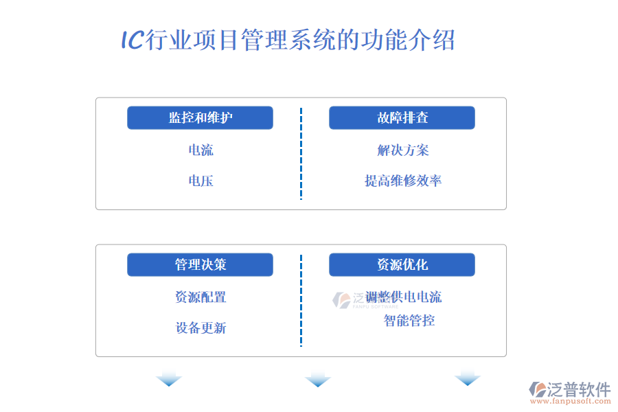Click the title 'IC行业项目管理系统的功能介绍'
pyautogui.click(x=288, y=40)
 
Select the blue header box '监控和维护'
pyautogui.click(x=200, y=117)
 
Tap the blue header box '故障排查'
pyautogui.click(x=402, y=117)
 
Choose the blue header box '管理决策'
pyautogui.click(x=200, y=264)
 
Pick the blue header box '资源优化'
pyautogui.click(x=402, y=264)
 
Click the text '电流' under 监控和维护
pyautogui.click(x=201, y=150)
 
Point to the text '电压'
pyautogui.click(x=201, y=181)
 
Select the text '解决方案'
pyautogui.click(x=403, y=150)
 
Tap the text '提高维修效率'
pyautogui.click(x=403, y=181)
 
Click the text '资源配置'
pyautogui.click(x=201, y=297)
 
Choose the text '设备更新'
pyautogui.click(x=201, y=328)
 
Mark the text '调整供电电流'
pyautogui.click(x=403, y=297)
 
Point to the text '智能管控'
pyautogui.click(x=409, y=321)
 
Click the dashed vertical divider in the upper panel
pyautogui.click(x=301, y=154)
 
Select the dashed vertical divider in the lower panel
pyautogui.click(x=301, y=301)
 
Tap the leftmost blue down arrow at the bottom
pyautogui.click(x=169, y=379)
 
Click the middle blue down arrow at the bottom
pyautogui.click(x=318, y=379)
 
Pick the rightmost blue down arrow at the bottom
pyautogui.click(x=468, y=378)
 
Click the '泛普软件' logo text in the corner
pyautogui.click(x=579, y=389)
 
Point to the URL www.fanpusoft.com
pyautogui.click(x=571, y=401)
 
